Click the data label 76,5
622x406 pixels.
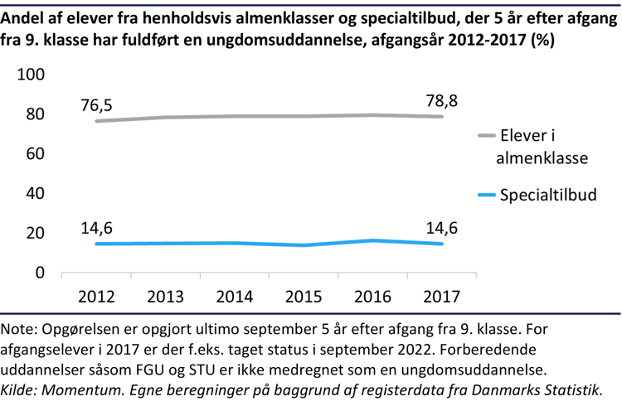[x=97, y=104]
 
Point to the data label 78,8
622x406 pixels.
[x=441, y=100]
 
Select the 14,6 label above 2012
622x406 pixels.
[x=97, y=226]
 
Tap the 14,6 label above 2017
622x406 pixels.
[x=441, y=226]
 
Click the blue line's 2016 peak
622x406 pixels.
[x=372, y=240]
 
